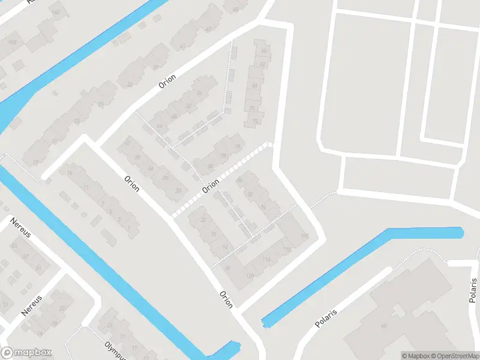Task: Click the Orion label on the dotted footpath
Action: (x=211, y=188)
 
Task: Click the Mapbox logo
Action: (x=26, y=353)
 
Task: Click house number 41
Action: (x=182, y=46)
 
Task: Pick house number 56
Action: (x=199, y=94)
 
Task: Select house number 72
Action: (x=255, y=121)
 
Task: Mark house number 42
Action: (x=127, y=142)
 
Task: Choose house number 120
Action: (x=250, y=276)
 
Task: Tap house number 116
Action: (x=266, y=259)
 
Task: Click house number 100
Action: (x=304, y=235)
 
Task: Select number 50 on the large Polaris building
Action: (x=384, y=326)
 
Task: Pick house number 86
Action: (x=239, y=181)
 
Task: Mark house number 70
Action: (x=252, y=108)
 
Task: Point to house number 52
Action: (x=188, y=106)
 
